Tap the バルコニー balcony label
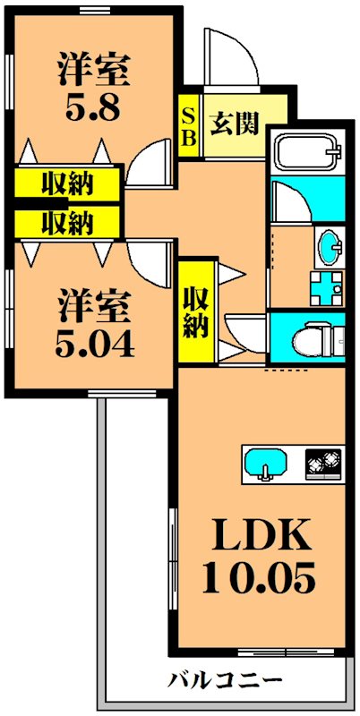226,678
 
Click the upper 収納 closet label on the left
67,184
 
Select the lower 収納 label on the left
67,219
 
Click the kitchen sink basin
266,463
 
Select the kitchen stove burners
323,463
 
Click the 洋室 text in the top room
93,67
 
